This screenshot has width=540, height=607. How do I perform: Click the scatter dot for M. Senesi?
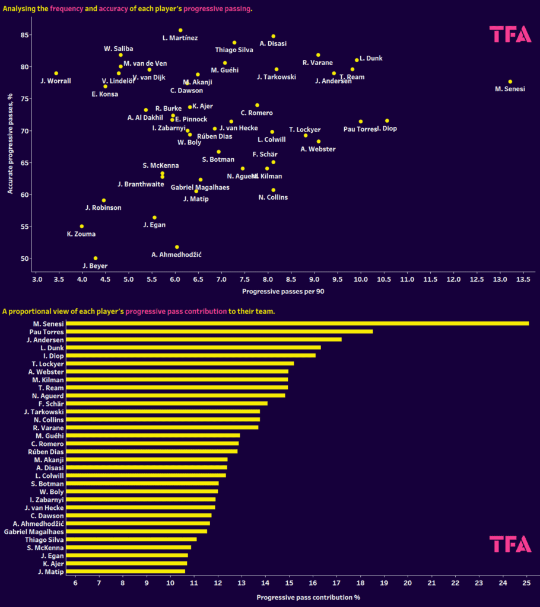(510, 82)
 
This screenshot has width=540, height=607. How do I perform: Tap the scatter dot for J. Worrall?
(56, 74)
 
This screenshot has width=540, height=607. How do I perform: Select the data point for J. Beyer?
(96, 258)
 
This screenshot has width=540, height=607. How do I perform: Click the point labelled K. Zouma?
(82, 226)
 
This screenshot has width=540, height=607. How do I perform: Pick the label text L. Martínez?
(180, 39)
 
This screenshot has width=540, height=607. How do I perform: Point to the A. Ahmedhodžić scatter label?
(177, 254)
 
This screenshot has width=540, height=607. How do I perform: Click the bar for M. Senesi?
(297, 323)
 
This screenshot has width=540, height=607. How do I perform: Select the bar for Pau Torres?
(219, 331)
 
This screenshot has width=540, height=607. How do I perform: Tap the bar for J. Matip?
(125, 571)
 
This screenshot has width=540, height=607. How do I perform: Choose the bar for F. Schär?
(167, 404)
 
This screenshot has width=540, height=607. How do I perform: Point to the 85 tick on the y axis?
(24, 35)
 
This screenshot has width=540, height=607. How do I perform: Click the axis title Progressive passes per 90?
(282, 292)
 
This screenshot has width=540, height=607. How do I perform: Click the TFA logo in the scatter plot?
(510, 35)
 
